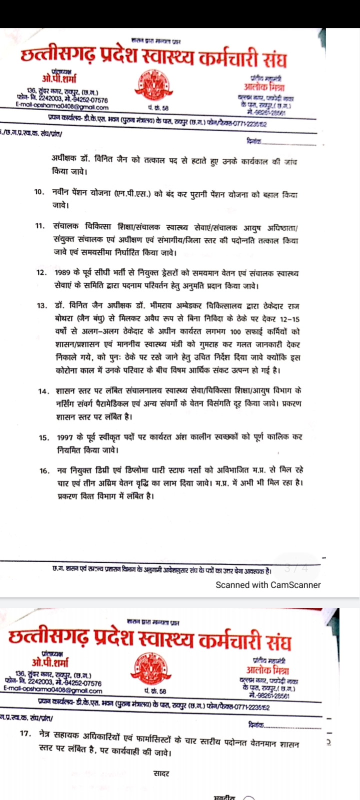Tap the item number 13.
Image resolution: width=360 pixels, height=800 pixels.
[x=41, y=305]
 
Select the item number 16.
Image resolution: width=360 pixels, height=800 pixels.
[x=44, y=470]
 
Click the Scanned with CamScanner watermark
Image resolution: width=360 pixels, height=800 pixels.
[x=268, y=585]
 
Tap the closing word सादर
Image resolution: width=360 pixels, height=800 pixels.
[x=161, y=773]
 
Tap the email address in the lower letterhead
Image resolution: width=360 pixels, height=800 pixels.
[x=52, y=691]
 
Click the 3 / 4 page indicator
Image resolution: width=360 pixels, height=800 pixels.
[x=296, y=569]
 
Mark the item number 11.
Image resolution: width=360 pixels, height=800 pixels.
[x=40, y=226]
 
